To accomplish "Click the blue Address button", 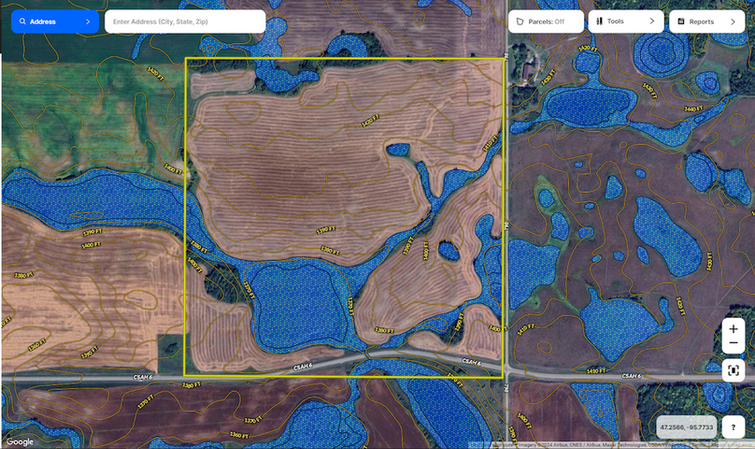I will click(x=54, y=22).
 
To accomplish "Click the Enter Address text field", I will click(x=184, y=22).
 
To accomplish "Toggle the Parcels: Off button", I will click(x=545, y=22).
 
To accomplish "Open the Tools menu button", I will click(x=625, y=22).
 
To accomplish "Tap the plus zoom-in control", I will click(x=734, y=329).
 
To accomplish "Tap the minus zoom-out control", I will click(x=734, y=344).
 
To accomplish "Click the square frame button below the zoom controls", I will click(x=734, y=369).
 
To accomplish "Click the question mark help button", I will click(x=734, y=427).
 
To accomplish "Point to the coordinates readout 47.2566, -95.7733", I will click(x=686, y=427).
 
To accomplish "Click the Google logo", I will click(x=19, y=442).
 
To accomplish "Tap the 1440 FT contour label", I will click(x=692, y=109).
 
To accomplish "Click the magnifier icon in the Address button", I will click(x=22, y=22).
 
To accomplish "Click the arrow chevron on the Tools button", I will click(x=651, y=22).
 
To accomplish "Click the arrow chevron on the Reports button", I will click(x=732, y=22).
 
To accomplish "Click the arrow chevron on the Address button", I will click(x=87, y=22).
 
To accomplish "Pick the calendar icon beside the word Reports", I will click(x=681, y=22).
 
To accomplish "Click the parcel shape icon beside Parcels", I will click(x=520, y=22).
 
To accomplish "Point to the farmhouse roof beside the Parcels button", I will click(x=529, y=70).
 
